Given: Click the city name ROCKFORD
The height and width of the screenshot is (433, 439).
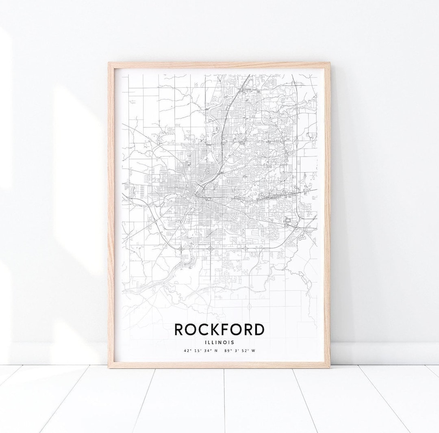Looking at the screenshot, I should coord(219,329).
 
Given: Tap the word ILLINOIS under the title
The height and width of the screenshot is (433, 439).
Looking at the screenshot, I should coord(219,342).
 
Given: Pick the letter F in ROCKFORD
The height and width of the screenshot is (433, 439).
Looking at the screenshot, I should coord(225,329).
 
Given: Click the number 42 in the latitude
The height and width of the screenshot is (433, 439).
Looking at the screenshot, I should coord(186,351).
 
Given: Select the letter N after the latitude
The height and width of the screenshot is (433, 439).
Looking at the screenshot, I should coord(216,351).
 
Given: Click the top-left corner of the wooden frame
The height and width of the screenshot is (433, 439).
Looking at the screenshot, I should coord(109,63).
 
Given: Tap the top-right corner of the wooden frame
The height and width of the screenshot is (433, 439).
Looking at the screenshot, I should coord(329,63).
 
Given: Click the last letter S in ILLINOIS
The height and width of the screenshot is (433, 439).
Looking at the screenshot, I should coord(233,342).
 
